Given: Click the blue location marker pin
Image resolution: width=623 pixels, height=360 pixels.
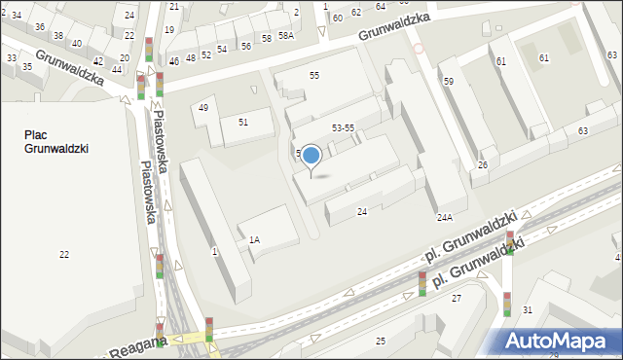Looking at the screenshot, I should click(311, 156).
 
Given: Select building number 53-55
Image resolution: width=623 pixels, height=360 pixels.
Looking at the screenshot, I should click(343, 128).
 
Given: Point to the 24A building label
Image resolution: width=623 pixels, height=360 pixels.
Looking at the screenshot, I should click(445, 218).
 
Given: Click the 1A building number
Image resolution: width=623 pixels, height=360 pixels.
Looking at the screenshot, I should click(254, 239).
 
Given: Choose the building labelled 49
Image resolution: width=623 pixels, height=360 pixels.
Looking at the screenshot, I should click(202, 108).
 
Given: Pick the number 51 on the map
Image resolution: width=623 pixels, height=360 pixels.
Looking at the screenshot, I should click(242, 122).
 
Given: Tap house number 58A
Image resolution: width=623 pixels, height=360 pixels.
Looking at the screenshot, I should click(285, 36).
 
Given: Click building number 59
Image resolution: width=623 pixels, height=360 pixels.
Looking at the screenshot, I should click(449, 82).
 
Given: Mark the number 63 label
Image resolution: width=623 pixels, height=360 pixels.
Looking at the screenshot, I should click(582, 130).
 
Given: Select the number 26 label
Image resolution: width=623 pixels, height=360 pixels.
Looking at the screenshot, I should click(482, 165).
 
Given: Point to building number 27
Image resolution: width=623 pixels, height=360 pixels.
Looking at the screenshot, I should click(456, 299).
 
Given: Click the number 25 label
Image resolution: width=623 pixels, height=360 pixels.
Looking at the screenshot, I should click(381, 341).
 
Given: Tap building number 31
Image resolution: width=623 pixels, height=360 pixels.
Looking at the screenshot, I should click(528, 309).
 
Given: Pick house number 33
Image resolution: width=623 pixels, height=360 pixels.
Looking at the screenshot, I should click(12, 58).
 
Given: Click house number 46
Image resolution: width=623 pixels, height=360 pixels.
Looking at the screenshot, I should click(173, 61).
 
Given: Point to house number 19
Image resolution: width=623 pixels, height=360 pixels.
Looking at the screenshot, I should click(169, 30).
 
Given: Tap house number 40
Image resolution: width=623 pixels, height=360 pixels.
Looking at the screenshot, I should click(76, 44).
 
